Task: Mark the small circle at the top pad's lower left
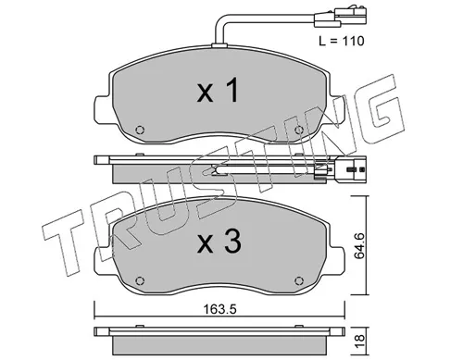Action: (140, 130)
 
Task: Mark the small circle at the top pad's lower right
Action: (299, 130)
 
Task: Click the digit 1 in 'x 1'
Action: (233, 92)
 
